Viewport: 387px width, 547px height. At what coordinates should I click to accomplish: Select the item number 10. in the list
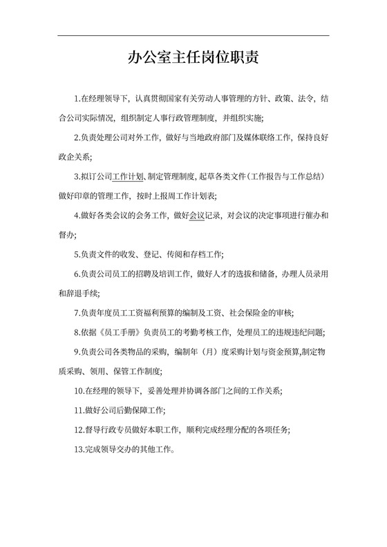click(79, 390)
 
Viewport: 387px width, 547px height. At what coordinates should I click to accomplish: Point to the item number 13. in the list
click(79, 448)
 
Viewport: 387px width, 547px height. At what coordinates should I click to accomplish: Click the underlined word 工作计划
click(127, 177)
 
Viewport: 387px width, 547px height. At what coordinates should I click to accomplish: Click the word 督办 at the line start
click(65, 235)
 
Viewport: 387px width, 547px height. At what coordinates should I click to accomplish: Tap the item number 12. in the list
click(79, 429)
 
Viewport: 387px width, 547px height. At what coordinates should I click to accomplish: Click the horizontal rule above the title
click(193, 36)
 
